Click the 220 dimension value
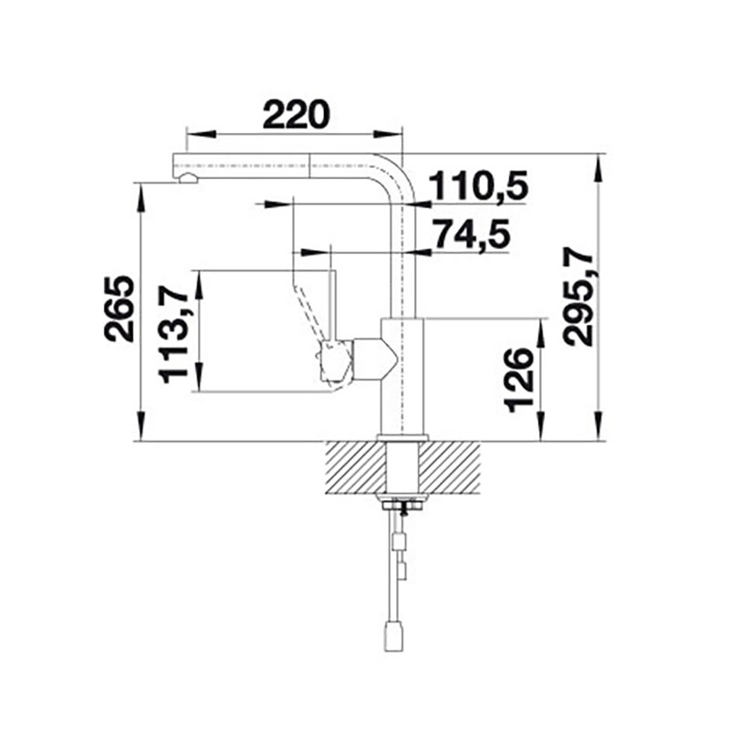[296, 115]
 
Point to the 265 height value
[119, 309]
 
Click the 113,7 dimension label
[173, 335]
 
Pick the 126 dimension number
[518, 381]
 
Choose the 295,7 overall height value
[578, 300]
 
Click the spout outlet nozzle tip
[188, 178]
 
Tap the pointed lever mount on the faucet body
[376, 359]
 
